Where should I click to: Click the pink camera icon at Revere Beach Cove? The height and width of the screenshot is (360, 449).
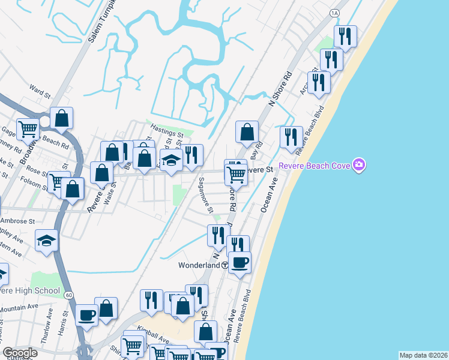(359, 164)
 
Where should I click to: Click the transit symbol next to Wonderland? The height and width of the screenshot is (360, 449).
(224, 265)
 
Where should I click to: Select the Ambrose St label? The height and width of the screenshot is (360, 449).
(17, 221)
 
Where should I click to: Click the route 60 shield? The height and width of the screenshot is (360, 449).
(69, 295)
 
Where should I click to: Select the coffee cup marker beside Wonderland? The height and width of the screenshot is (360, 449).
(240, 263)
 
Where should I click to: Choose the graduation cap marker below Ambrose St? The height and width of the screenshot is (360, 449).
(46, 241)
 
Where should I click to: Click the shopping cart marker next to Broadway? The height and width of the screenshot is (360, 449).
(28, 128)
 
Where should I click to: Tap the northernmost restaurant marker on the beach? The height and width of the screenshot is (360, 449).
(345, 37)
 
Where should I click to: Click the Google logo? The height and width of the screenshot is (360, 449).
(19, 353)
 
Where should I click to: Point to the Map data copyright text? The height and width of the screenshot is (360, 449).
(423, 355)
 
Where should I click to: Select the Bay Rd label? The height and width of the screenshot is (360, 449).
(259, 148)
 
